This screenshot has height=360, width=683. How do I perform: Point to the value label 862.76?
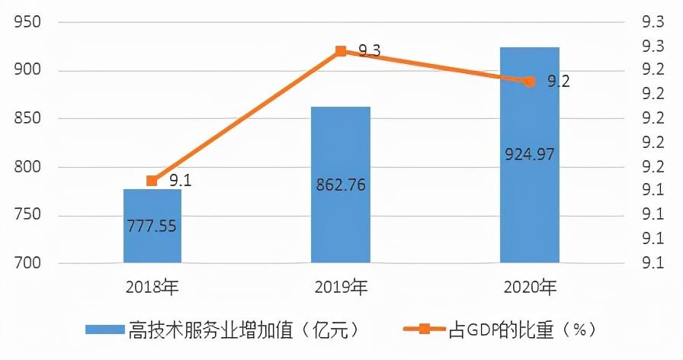tap(341, 185)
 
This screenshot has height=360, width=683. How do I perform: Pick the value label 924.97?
tap(530, 155)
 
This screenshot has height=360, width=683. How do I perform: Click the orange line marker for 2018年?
tap(152, 181)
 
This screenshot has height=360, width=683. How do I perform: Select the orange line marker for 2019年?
tap(341, 51)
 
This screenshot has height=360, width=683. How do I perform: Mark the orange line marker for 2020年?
tap(530, 81)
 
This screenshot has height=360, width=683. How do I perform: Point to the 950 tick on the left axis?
tap(27, 23)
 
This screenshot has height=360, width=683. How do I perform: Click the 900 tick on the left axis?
tap(27, 71)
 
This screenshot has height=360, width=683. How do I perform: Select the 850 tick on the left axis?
tap(27, 119)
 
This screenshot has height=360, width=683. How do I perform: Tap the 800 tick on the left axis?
tap(27, 167)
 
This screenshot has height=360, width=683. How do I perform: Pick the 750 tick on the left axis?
tap(27, 215)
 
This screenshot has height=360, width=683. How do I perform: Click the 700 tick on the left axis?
tap(27, 263)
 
